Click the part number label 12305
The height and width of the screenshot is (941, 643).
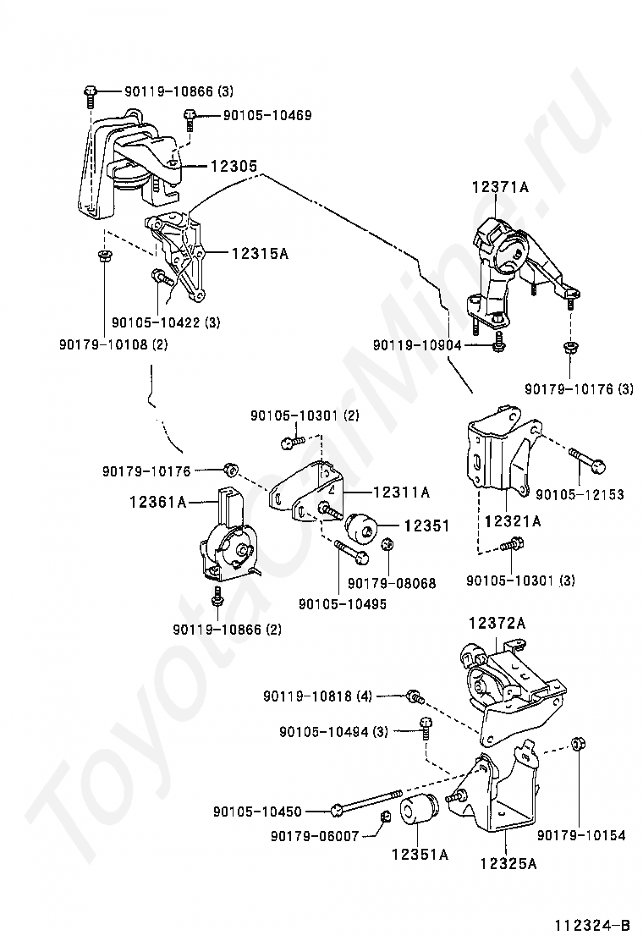(234, 166)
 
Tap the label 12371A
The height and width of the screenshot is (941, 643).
(500, 187)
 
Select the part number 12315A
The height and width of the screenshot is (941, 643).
(261, 254)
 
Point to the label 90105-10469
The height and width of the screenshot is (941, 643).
(267, 114)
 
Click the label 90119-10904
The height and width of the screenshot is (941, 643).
(417, 345)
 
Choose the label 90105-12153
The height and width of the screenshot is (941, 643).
(580, 494)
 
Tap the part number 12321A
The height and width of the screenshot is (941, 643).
(513, 521)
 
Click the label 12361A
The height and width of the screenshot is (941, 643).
(157, 501)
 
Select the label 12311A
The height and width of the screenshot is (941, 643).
(401, 493)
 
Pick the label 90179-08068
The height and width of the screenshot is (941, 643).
(392, 583)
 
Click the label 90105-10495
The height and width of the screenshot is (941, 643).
(343, 604)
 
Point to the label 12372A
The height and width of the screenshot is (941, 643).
(497, 623)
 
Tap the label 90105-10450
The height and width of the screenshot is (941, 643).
(257, 812)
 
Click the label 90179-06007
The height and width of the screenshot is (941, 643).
(315, 835)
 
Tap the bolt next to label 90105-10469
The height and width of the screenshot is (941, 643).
(190, 118)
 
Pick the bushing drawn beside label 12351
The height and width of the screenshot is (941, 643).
(362, 526)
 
